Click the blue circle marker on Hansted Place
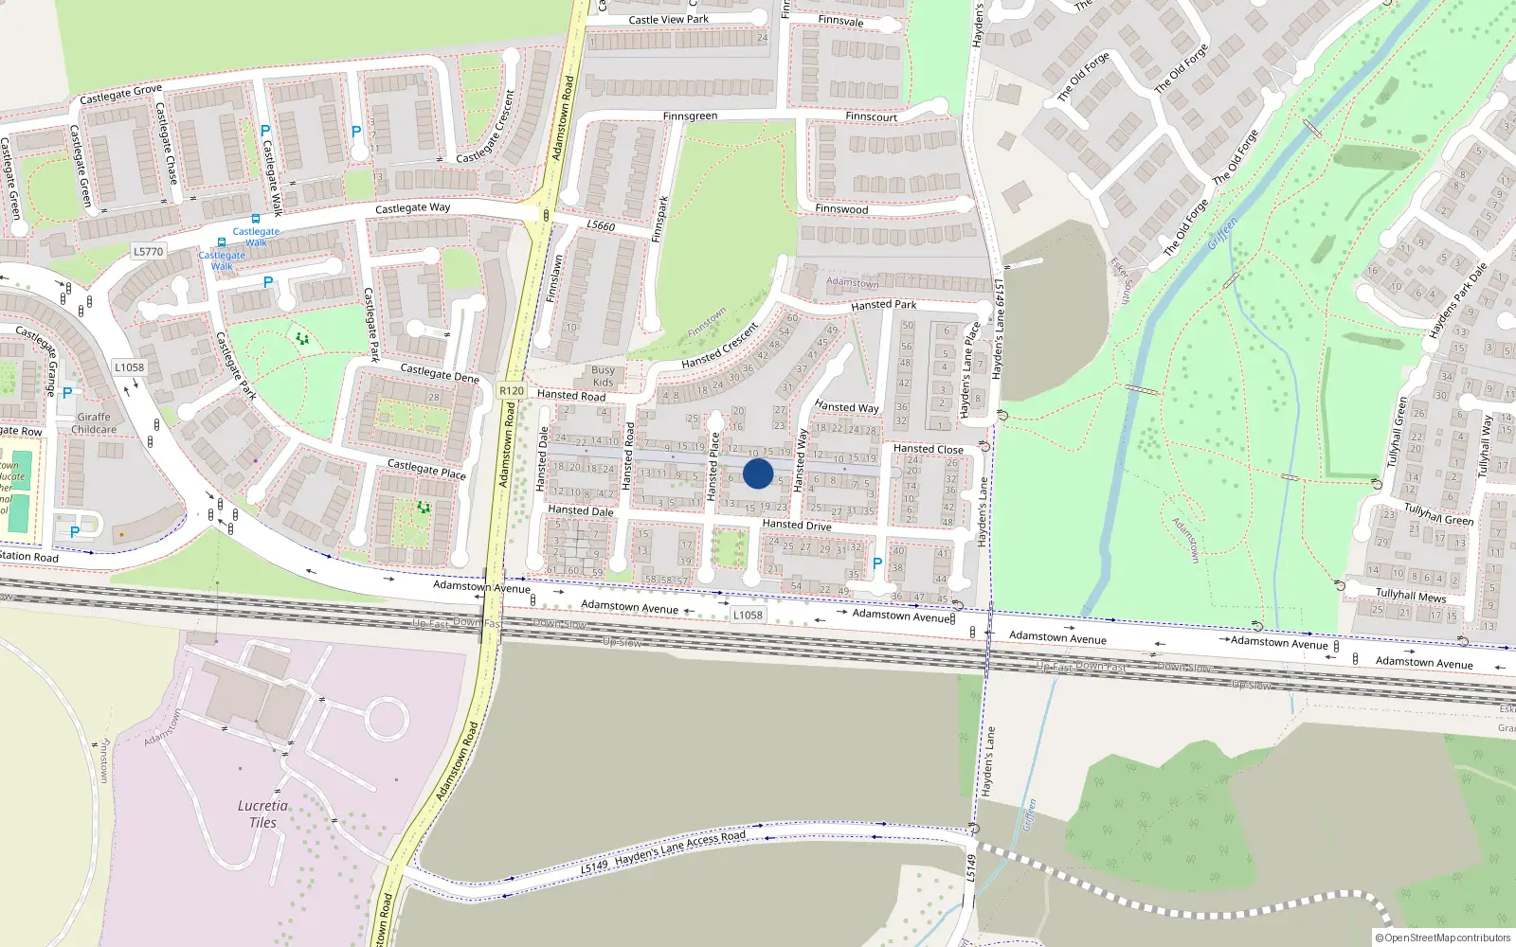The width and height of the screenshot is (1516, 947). click(758, 473)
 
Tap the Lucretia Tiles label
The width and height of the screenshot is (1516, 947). click(262, 813)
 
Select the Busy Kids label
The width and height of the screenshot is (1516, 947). click(603, 376)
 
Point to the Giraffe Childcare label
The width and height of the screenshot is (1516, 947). click(94, 422)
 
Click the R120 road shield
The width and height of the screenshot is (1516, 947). click(512, 390)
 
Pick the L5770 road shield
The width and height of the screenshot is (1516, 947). click(149, 251)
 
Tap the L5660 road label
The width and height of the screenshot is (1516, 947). click(601, 225)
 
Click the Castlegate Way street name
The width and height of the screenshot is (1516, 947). click(412, 207)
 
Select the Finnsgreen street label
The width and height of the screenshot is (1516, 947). click(690, 116)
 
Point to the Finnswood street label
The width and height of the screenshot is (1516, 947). click(841, 208)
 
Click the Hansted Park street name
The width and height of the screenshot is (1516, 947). click(883, 305)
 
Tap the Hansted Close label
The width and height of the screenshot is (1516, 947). click(928, 449)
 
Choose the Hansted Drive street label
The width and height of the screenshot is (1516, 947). click(797, 525)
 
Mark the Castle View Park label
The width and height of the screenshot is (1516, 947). click(668, 19)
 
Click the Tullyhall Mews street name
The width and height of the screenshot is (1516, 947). click(1410, 595)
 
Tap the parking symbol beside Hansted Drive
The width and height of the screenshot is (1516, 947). click(876, 563)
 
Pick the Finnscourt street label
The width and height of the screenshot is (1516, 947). click(871, 116)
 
